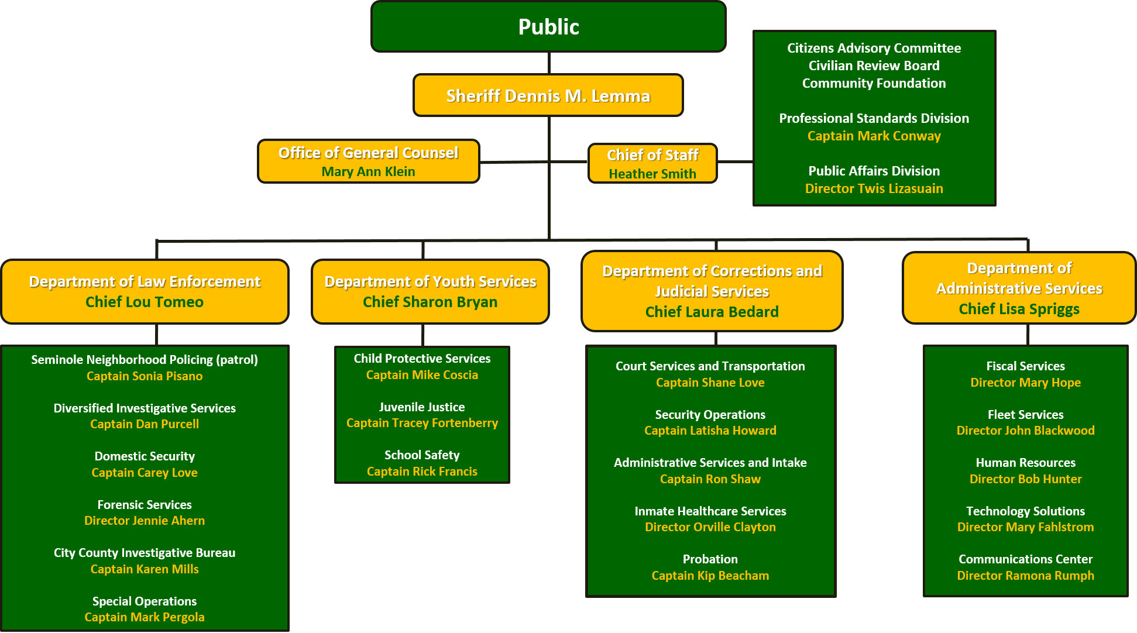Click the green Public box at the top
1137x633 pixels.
click(x=548, y=27)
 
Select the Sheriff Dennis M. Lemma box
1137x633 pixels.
click(x=548, y=95)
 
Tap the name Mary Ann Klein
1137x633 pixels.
click(x=368, y=171)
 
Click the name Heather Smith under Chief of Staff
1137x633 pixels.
click(x=652, y=174)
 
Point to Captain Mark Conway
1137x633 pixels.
click(x=874, y=136)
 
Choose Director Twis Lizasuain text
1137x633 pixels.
click(x=874, y=188)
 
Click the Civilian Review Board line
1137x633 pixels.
click(x=874, y=66)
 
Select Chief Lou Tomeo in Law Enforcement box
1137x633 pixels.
click(x=145, y=302)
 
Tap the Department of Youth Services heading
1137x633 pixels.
click(x=430, y=281)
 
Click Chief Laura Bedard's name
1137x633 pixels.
click(x=712, y=312)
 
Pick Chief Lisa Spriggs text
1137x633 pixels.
click(x=1019, y=309)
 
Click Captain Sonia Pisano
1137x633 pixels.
click(x=145, y=376)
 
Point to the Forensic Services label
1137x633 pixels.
click(x=145, y=504)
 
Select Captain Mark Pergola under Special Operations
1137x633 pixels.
click(x=145, y=617)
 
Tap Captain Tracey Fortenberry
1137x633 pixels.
click(x=422, y=423)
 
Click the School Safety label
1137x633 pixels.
click(x=422, y=455)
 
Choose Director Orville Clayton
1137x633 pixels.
click(x=710, y=527)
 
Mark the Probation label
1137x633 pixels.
click(x=710, y=559)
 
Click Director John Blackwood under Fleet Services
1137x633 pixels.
click(x=1025, y=431)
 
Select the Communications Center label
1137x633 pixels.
click(x=1025, y=559)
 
